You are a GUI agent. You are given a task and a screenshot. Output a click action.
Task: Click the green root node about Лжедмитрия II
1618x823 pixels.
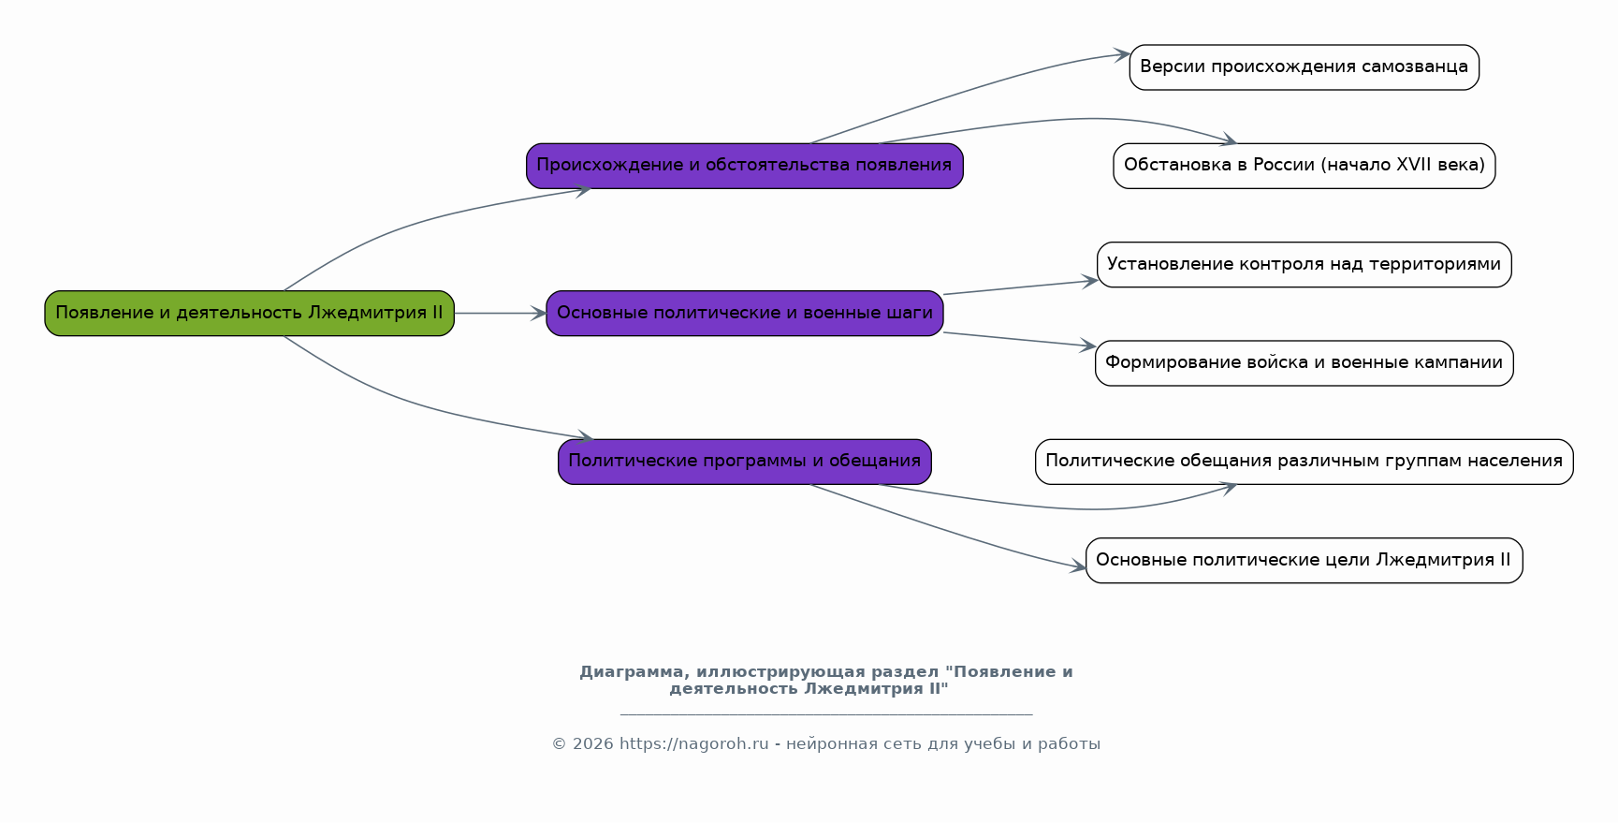point(249,314)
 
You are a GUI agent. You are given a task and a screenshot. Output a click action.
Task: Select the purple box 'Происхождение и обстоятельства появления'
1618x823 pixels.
point(744,166)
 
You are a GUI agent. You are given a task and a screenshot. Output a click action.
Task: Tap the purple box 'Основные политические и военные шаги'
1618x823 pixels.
point(744,314)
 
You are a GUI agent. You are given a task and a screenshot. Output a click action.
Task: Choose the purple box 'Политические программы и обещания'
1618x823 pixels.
point(744,462)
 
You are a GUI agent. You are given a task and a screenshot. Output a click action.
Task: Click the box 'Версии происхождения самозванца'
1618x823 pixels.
point(1304,67)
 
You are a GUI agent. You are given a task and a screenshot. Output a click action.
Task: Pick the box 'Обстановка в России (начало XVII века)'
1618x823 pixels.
point(1304,166)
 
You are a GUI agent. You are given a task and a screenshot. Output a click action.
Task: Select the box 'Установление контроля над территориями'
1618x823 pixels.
point(1304,265)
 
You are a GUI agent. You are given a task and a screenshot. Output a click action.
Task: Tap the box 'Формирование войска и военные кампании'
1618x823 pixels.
point(1304,363)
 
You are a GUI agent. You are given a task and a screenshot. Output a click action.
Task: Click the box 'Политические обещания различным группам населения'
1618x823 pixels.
point(1304,462)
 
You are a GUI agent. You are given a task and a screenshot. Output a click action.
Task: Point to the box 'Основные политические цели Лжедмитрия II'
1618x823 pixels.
point(1304,561)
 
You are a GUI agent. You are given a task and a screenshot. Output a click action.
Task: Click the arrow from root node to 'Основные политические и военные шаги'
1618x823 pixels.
point(500,314)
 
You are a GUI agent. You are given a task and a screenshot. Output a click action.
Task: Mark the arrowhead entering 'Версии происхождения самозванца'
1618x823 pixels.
point(1121,55)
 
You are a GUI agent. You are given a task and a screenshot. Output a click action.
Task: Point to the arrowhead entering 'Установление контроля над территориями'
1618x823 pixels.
point(1089,280)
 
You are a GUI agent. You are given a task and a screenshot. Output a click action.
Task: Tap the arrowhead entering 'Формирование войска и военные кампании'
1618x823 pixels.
point(1087,345)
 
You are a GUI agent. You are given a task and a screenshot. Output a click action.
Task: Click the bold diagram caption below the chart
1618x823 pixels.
point(825,681)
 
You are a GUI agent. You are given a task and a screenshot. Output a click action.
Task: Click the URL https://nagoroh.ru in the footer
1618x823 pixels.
point(693,744)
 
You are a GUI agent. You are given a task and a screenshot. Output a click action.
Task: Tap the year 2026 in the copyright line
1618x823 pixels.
point(591,744)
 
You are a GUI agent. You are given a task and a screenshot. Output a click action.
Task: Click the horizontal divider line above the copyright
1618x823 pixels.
point(825,714)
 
